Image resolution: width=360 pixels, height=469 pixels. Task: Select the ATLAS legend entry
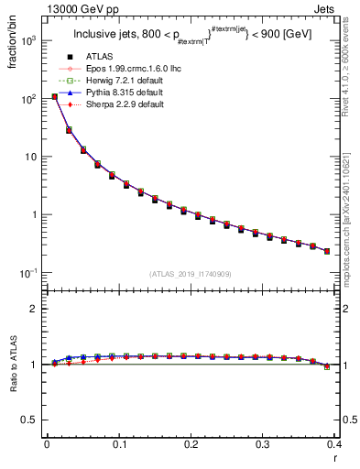pos(93,57)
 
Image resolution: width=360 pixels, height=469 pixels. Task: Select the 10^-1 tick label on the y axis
pos(27,273)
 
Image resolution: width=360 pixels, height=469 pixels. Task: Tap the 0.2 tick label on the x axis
pos(191,445)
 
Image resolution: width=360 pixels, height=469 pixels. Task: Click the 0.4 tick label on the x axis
pos(334,445)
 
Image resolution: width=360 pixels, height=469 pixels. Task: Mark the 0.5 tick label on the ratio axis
pos(31,420)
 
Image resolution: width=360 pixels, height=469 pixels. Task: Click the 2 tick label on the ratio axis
pos(35,310)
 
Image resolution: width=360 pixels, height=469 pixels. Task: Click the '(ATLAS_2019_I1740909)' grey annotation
pos(191,274)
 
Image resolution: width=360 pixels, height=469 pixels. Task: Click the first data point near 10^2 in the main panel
pos(54,96)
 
